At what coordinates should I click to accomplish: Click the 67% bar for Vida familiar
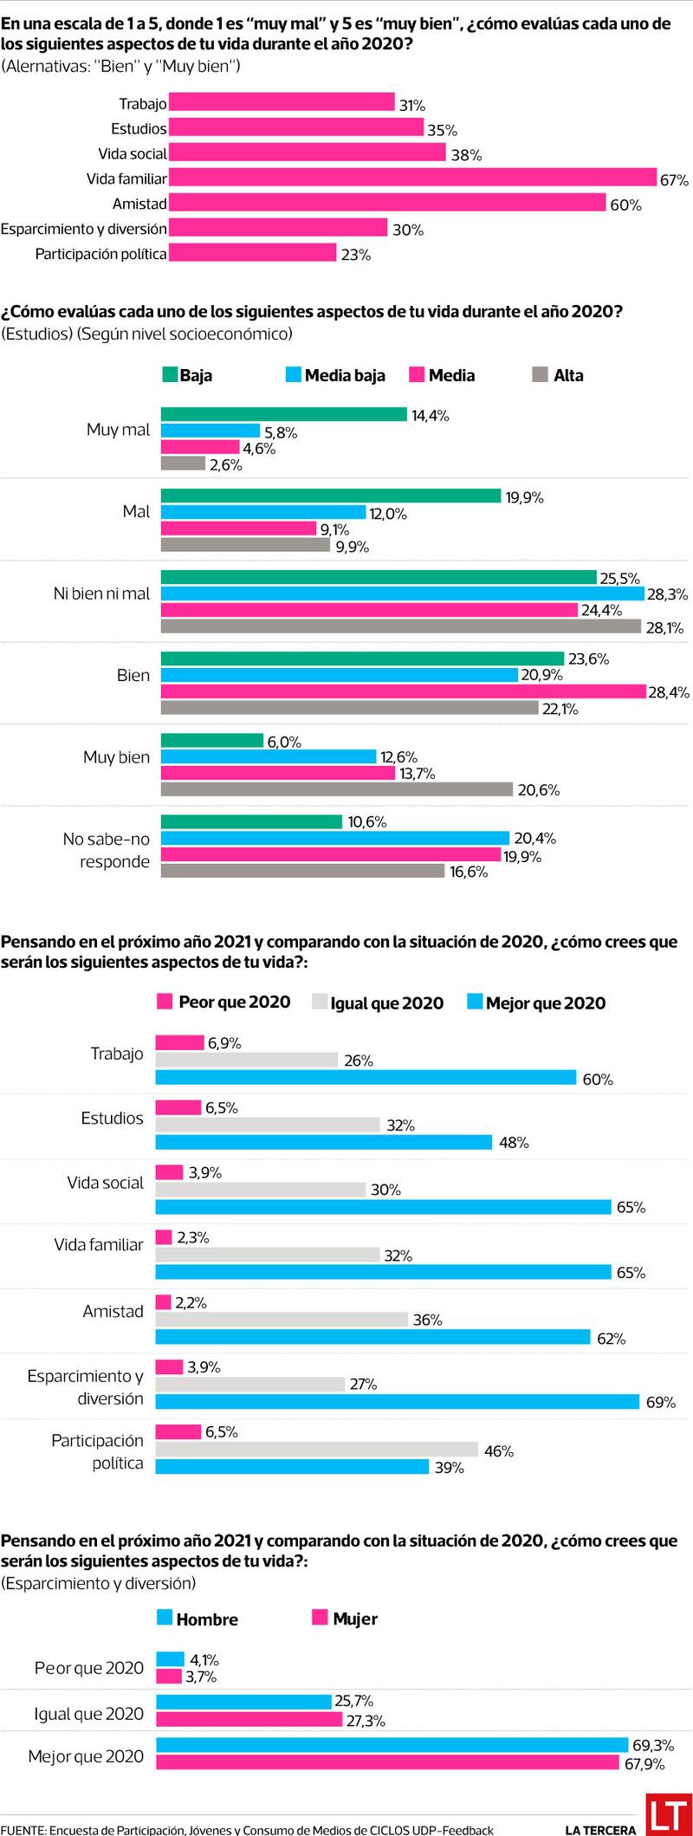412,178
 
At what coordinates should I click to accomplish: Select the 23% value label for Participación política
356,255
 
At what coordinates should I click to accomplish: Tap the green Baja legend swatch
170,375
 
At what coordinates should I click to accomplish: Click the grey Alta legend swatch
541,375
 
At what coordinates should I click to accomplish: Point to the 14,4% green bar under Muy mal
283,415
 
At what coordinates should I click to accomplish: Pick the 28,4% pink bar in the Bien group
403,691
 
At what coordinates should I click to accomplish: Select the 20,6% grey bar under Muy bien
337,789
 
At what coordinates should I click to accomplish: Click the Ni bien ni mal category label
101,594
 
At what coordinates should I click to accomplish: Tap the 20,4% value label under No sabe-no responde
535,838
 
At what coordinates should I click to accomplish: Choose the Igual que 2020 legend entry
378,1002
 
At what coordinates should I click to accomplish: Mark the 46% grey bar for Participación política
316,1450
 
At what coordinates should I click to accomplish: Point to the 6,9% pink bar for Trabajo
179,1042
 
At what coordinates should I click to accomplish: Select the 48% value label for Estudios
514,1143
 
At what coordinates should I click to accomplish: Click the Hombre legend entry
198,1619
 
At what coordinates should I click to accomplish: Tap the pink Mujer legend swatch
320,1618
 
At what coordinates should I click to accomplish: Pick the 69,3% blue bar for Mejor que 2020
392,1745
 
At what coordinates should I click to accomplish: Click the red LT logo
669,1814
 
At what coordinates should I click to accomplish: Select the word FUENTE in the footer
23,1830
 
